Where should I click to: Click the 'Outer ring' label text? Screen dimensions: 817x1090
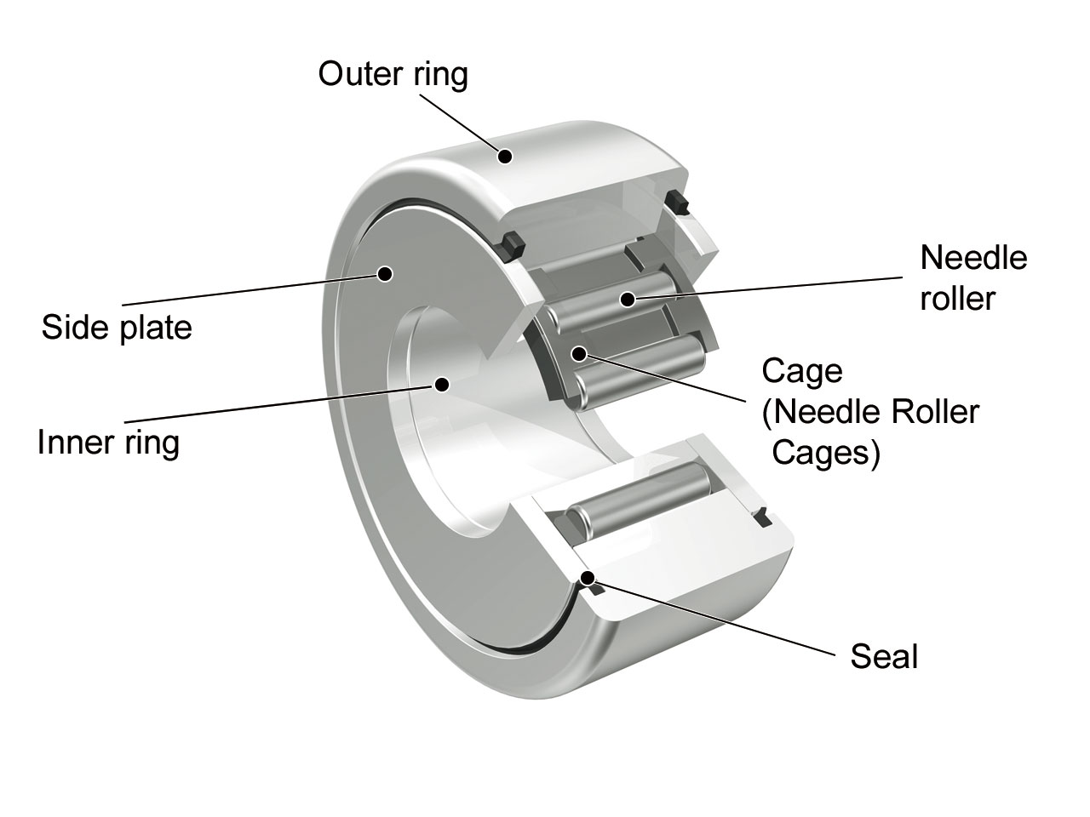tap(393, 75)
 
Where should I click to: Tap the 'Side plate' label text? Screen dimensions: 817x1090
tap(117, 328)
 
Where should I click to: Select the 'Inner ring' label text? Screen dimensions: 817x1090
tap(108, 443)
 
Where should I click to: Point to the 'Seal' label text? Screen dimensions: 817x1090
tap(884, 656)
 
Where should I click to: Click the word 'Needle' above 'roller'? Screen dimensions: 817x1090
tap(973, 258)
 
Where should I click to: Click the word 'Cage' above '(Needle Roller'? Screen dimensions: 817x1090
tap(802, 371)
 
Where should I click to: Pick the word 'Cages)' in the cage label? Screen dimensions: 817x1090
tap(825, 453)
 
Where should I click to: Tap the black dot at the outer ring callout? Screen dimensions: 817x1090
tap(505, 156)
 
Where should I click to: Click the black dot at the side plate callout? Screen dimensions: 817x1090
tap(384, 273)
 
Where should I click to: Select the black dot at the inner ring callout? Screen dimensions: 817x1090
tap(441, 384)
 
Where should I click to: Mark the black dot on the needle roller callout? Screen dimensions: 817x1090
tap(628, 299)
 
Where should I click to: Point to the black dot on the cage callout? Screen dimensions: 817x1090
tap(579, 352)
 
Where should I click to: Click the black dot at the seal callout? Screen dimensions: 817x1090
tap(587, 579)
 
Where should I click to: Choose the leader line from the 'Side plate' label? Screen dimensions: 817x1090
tap(255, 289)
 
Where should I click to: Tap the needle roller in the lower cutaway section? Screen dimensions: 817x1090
tap(639, 498)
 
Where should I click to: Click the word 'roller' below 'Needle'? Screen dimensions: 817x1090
tap(957, 299)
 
